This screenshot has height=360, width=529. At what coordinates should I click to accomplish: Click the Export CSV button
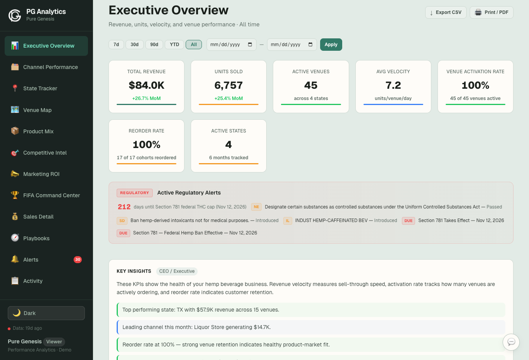[x=446, y=12]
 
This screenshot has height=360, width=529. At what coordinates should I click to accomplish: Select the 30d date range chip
[x=134, y=45]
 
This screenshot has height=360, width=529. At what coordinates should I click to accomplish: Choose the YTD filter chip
[x=174, y=45]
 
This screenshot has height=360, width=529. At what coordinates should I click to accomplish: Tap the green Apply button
[x=331, y=45]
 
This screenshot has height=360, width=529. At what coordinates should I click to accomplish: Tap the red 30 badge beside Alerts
[x=78, y=260]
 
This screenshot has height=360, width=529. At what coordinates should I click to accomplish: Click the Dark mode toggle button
[x=46, y=313]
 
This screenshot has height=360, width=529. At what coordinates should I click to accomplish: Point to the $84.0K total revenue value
[x=146, y=85]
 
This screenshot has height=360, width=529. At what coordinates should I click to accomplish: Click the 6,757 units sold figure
[x=229, y=85]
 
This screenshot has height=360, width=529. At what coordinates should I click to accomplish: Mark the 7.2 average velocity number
[x=393, y=85]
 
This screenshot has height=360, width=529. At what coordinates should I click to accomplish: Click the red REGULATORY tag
[x=134, y=193]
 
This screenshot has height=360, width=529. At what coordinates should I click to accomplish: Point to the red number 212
[x=124, y=207]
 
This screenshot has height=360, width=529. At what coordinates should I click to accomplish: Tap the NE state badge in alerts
[x=256, y=207]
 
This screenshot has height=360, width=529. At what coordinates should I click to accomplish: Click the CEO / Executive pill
[x=177, y=271]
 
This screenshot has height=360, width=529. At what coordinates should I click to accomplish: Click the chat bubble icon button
[x=511, y=342]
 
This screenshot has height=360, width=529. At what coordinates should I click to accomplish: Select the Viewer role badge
[x=54, y=342]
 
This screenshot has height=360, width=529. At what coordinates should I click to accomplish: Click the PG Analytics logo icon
[x=15, y=15]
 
